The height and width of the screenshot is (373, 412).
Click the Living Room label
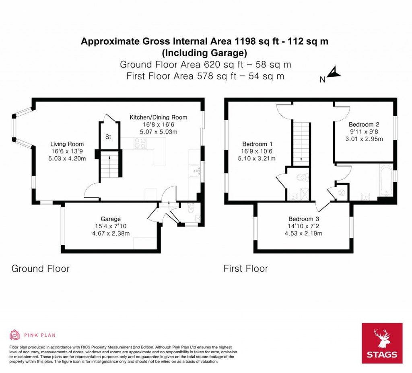tap(67, 144)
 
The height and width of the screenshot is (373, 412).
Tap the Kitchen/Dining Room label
tap(159, 117)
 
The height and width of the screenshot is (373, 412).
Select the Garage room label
tap(111, 219)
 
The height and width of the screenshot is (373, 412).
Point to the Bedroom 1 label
tap(257, 144)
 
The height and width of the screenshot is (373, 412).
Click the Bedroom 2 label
tap(364, 125)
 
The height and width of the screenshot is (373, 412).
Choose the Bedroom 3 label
tap(304, 219)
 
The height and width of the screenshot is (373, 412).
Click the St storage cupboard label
tap(108, 137)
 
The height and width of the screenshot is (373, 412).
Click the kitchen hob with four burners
tap(140, 143)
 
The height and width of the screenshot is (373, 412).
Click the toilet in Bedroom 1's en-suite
tap(303, 177)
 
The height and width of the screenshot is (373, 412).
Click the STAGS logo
tap(382, 343)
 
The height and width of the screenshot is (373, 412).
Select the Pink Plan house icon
tap(15, 335)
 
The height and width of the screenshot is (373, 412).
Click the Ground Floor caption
tap(41, 268)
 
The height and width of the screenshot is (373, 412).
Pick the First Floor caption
tap(246, 268)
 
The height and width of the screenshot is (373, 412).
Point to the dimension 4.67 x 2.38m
tap(111, 234)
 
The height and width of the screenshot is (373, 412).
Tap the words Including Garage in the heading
tap(204, 53)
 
